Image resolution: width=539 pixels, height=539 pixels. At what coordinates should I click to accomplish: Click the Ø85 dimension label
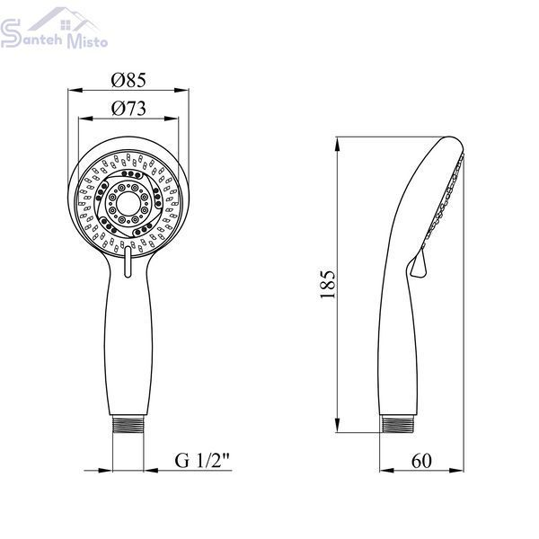coord(128,80)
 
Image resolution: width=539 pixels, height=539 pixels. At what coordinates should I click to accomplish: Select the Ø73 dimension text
coord(128,109)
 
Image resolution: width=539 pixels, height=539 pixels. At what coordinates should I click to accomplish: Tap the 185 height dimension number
coord(327,284)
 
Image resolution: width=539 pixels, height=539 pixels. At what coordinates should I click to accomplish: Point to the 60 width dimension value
coord(421,460)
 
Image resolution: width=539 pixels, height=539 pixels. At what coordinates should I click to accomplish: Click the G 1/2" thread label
coord(202,460)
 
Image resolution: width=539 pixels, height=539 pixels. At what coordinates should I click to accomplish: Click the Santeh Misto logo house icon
coord(65,20)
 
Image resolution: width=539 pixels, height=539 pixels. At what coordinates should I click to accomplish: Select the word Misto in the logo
coord(87,41)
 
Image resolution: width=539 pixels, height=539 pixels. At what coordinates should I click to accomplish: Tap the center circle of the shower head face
coord(128,203)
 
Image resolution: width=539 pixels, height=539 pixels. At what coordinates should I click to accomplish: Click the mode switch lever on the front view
coord(128,261)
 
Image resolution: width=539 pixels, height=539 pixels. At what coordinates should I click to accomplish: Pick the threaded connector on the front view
coord(128,424)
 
